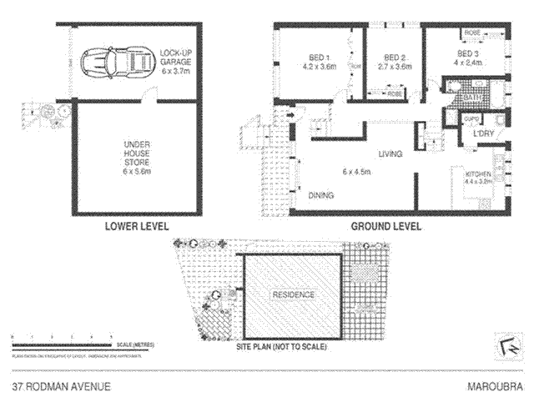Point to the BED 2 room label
pyautogui.click(x=395, y=58)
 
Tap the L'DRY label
pyautogui.click(x=483, y=133)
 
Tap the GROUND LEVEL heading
pyautogui.click(x=385, y=226)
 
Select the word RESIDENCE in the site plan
pyautogui.click(x=292, y=295)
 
